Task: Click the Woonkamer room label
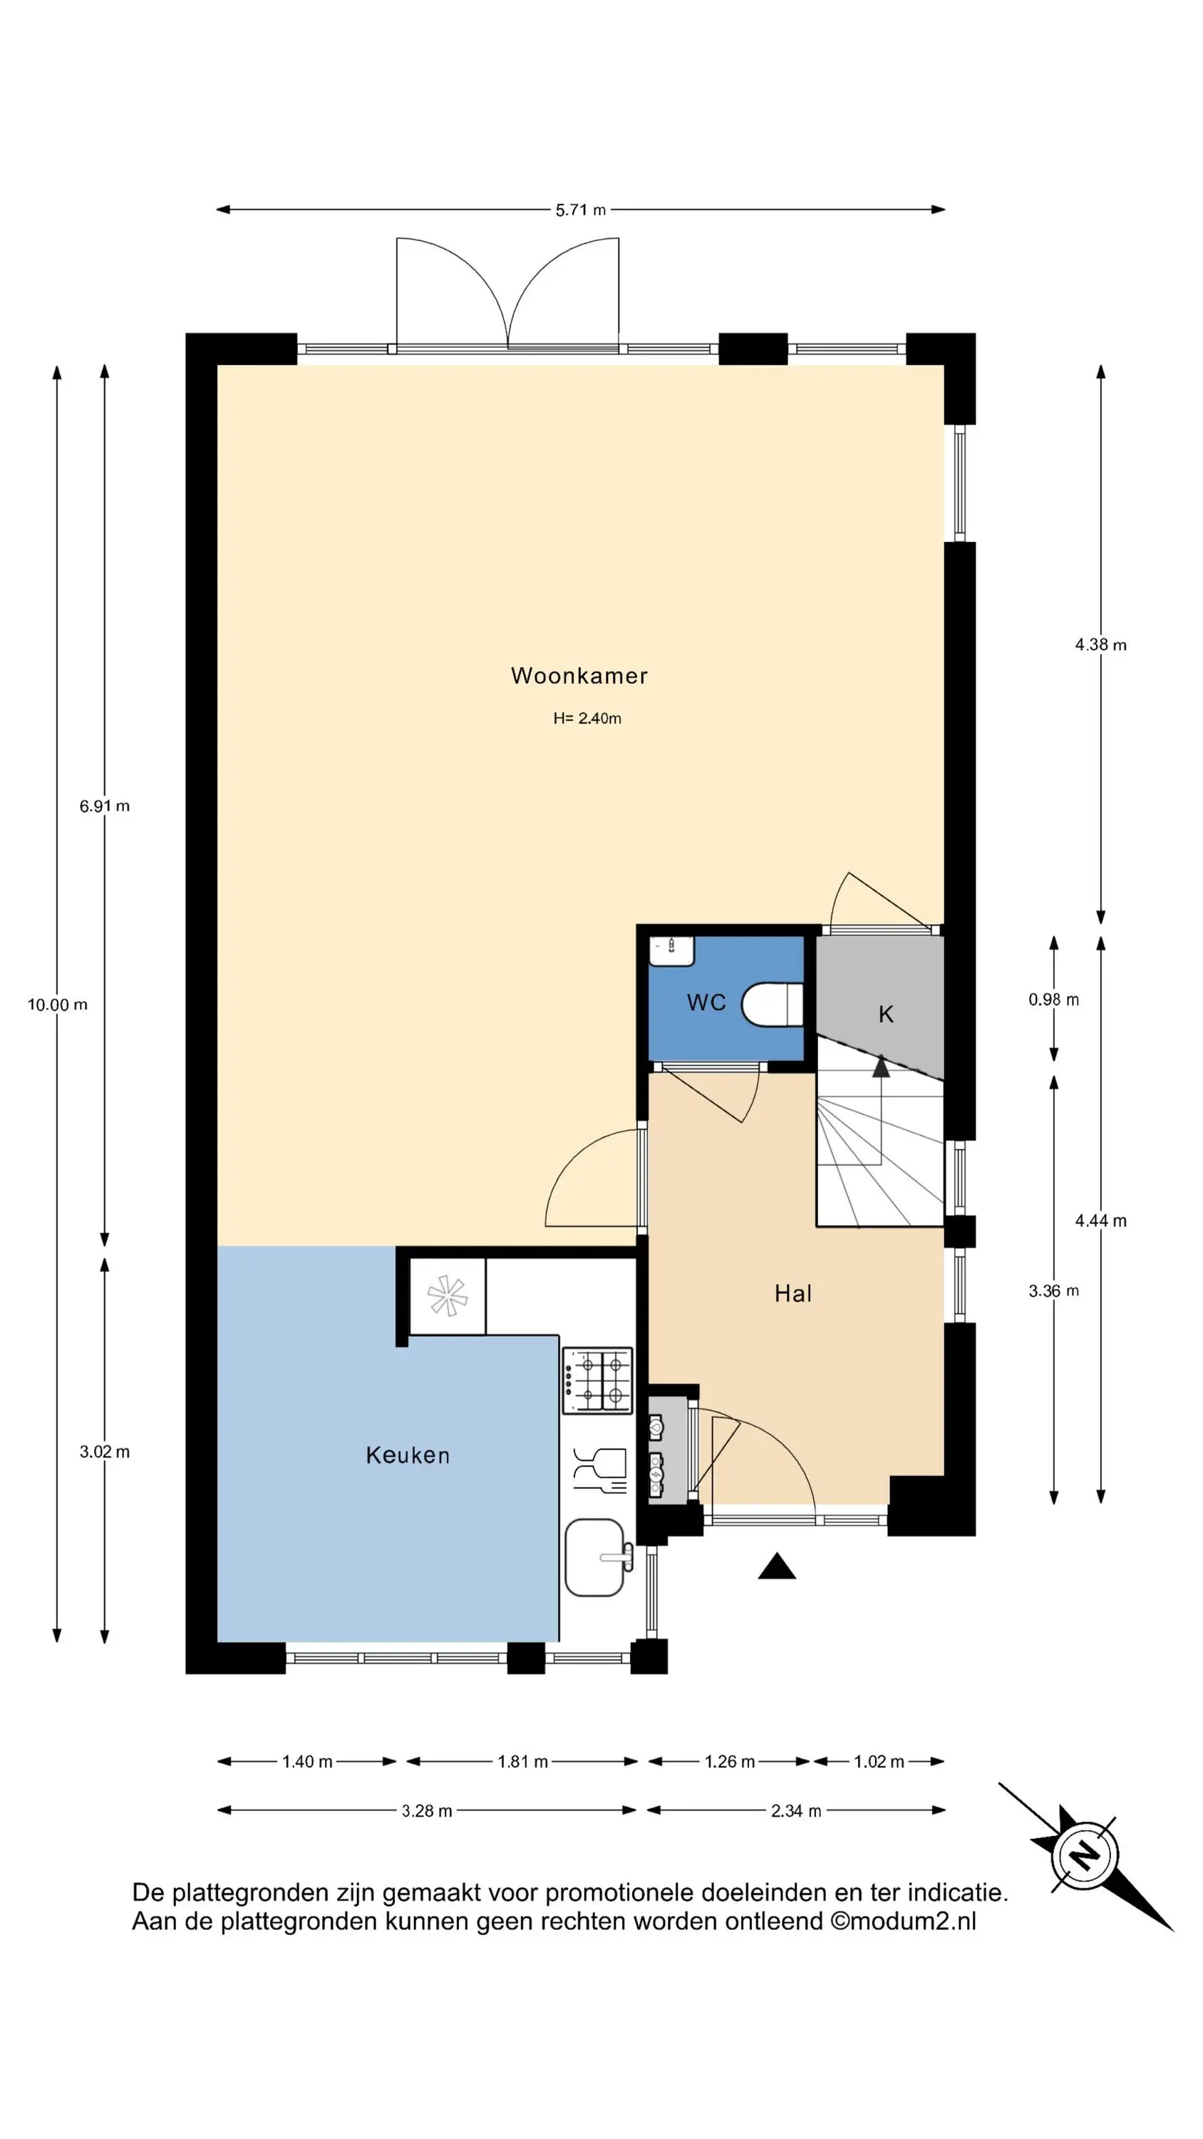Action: coord(579,676)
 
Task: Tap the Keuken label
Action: coord(408,1455)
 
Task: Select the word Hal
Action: coord(793,1293)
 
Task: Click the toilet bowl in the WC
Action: coord(772,1005)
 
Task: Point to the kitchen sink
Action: coord(595,1558)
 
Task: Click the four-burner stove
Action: coord(598,1380)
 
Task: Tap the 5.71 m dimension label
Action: coord(580,210)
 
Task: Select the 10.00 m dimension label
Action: coord(57,1005)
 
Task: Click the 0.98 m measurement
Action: coord(1053,1000)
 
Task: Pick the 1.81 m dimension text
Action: coord(522,1762)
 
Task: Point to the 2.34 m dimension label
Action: coord(795,1811)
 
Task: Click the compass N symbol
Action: coord(1084,1855)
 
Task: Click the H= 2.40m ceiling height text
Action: coord(587,718)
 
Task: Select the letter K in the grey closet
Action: coord(886,1014)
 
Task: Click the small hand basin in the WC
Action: coord(671,950)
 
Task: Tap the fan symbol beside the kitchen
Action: coord(447,1296)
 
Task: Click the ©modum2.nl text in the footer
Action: coord(902,1922)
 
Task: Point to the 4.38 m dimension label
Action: coord(1101,645)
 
